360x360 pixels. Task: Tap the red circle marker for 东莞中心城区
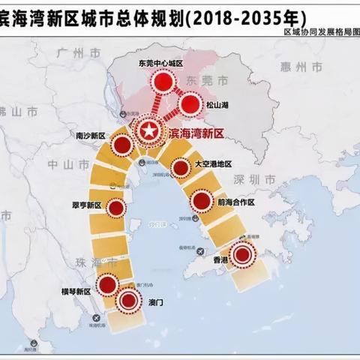click(160, 82)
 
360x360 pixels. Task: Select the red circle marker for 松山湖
click(191, 103)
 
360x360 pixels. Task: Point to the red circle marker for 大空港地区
click(181, 168)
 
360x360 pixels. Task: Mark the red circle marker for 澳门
click(130, 301)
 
